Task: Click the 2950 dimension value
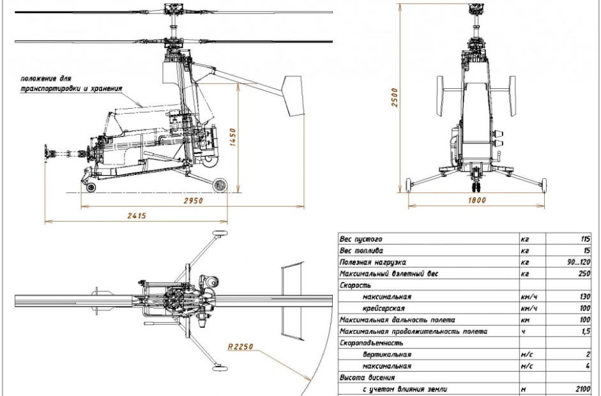point(194,201)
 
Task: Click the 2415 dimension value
point(137,216)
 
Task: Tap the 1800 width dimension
point(476,201)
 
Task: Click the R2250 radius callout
point(240,347)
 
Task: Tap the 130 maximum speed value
point(581,296)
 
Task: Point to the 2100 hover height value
point(579,388)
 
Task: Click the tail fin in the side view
point(293,95)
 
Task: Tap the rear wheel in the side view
point(220,185)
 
